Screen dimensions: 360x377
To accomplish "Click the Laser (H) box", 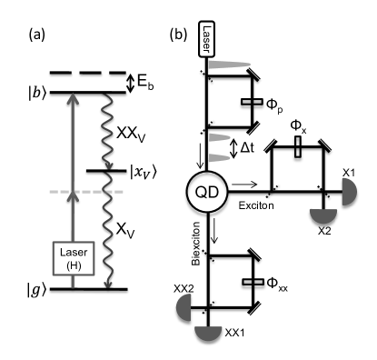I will [74, 258].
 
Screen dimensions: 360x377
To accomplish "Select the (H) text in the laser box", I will [74, 265].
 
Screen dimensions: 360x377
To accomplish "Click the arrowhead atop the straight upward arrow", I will [74, 97].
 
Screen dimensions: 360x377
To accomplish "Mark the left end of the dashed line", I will [51, 194].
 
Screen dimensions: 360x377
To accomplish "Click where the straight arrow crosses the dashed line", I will [74, 194].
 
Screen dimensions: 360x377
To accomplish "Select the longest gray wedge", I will [227, 65].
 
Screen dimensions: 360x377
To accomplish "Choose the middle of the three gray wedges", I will [219, 138].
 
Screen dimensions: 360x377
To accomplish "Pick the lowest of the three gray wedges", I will [218, 158].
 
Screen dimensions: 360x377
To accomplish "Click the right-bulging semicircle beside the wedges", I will [347, 192].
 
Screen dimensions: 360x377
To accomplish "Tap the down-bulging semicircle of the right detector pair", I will [323, 215].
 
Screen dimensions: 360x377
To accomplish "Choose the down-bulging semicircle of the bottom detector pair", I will [208, 332].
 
